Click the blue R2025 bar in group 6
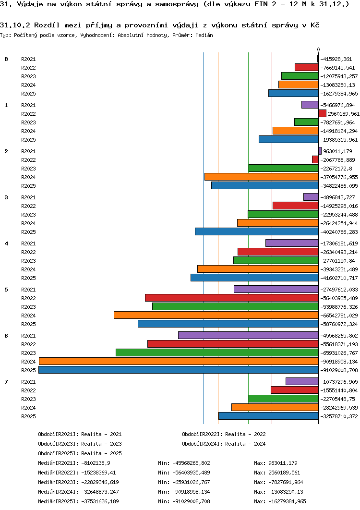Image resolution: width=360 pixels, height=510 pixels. point(179,370)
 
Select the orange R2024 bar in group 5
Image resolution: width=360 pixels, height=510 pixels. point(216,315)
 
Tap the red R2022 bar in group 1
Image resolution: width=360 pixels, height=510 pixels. point(322,113)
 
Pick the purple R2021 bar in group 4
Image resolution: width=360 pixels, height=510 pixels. point(292,243)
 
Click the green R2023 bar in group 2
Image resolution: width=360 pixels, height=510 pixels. point(284,168)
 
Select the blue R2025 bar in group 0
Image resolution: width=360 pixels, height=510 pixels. point(294,93)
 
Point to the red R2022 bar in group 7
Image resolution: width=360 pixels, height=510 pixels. point(295,390)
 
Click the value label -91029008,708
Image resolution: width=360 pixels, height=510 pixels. point(339,370)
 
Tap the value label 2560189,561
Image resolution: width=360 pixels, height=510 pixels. point(344,114)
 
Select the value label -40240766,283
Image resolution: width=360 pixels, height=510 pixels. point(339,232)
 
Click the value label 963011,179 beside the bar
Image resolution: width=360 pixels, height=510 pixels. point(337,151)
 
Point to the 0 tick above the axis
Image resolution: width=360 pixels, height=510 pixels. point(318,49)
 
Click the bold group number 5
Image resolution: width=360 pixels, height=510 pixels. point(6,290)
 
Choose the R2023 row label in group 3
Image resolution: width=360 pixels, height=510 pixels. point(29,215)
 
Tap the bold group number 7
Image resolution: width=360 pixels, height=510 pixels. point(6,381)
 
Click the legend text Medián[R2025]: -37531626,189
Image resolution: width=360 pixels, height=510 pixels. point(78,501)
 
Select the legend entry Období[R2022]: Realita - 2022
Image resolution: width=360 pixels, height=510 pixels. point(224,434)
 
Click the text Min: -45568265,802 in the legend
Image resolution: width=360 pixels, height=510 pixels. point(184,463)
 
